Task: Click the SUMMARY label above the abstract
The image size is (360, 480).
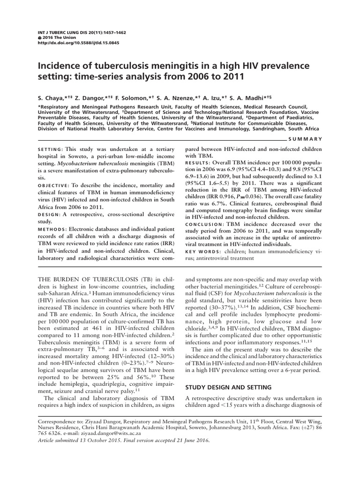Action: [307, 139]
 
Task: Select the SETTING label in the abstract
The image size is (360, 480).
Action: [50, 149]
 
